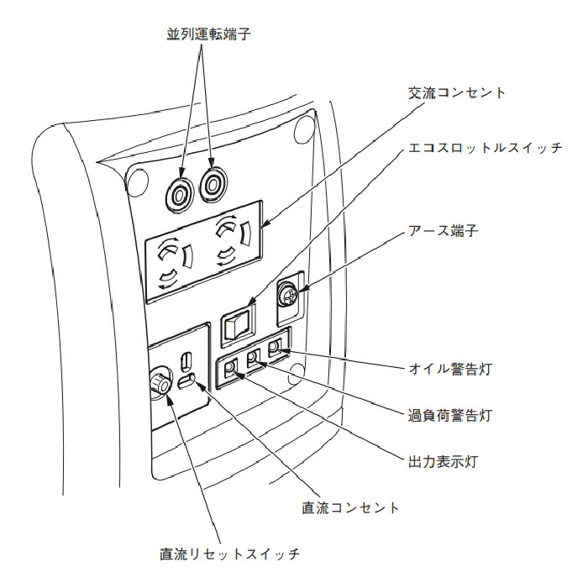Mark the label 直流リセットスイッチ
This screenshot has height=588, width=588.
tap(229, 554)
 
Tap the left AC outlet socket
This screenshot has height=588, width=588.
tap(174, 260)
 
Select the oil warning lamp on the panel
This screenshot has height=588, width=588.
tap(275, 347)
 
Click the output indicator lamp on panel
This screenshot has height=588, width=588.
tap(230, 366)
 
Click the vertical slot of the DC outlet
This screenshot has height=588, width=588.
tap(186, 362)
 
